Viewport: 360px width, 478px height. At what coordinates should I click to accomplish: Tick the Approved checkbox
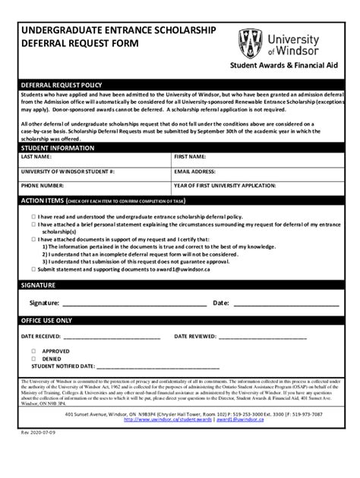coord(33,351)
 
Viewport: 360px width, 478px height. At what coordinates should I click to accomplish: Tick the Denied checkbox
coord(33,359)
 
